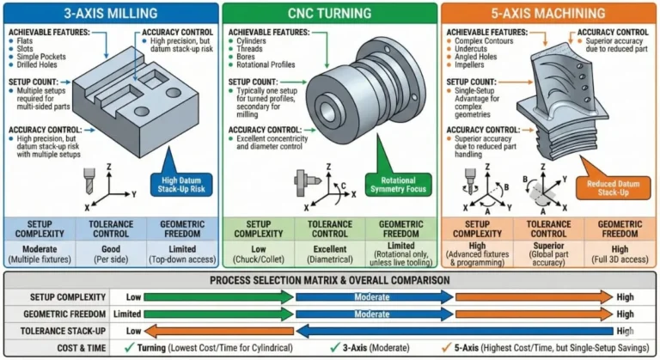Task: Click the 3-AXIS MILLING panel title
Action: coord(109,14)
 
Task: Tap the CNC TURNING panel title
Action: coord(330,14)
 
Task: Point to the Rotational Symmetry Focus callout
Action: coord(396,183)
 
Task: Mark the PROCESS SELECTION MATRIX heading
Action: coord(330,281)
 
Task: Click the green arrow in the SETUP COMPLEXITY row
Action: coord(219,296)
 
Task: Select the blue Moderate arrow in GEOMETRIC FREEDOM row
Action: coord(373,314)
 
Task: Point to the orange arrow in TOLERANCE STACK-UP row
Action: coord(219,331)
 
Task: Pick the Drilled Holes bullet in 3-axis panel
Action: coord(37,64)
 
